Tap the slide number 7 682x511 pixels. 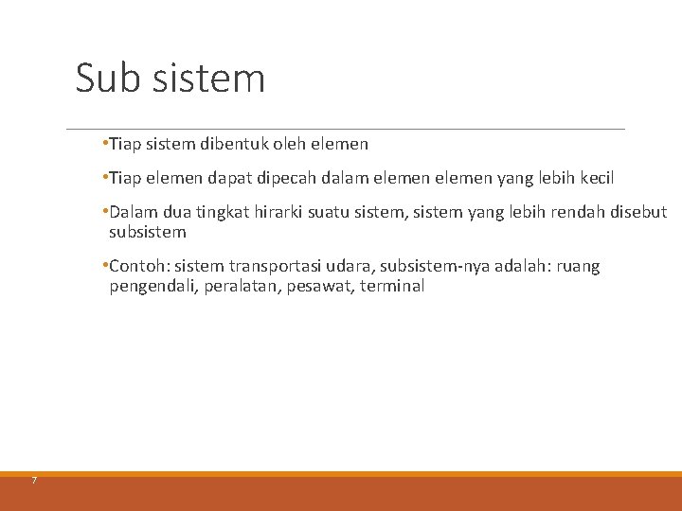33,481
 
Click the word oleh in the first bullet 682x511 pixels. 290,145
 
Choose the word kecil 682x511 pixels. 594,178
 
